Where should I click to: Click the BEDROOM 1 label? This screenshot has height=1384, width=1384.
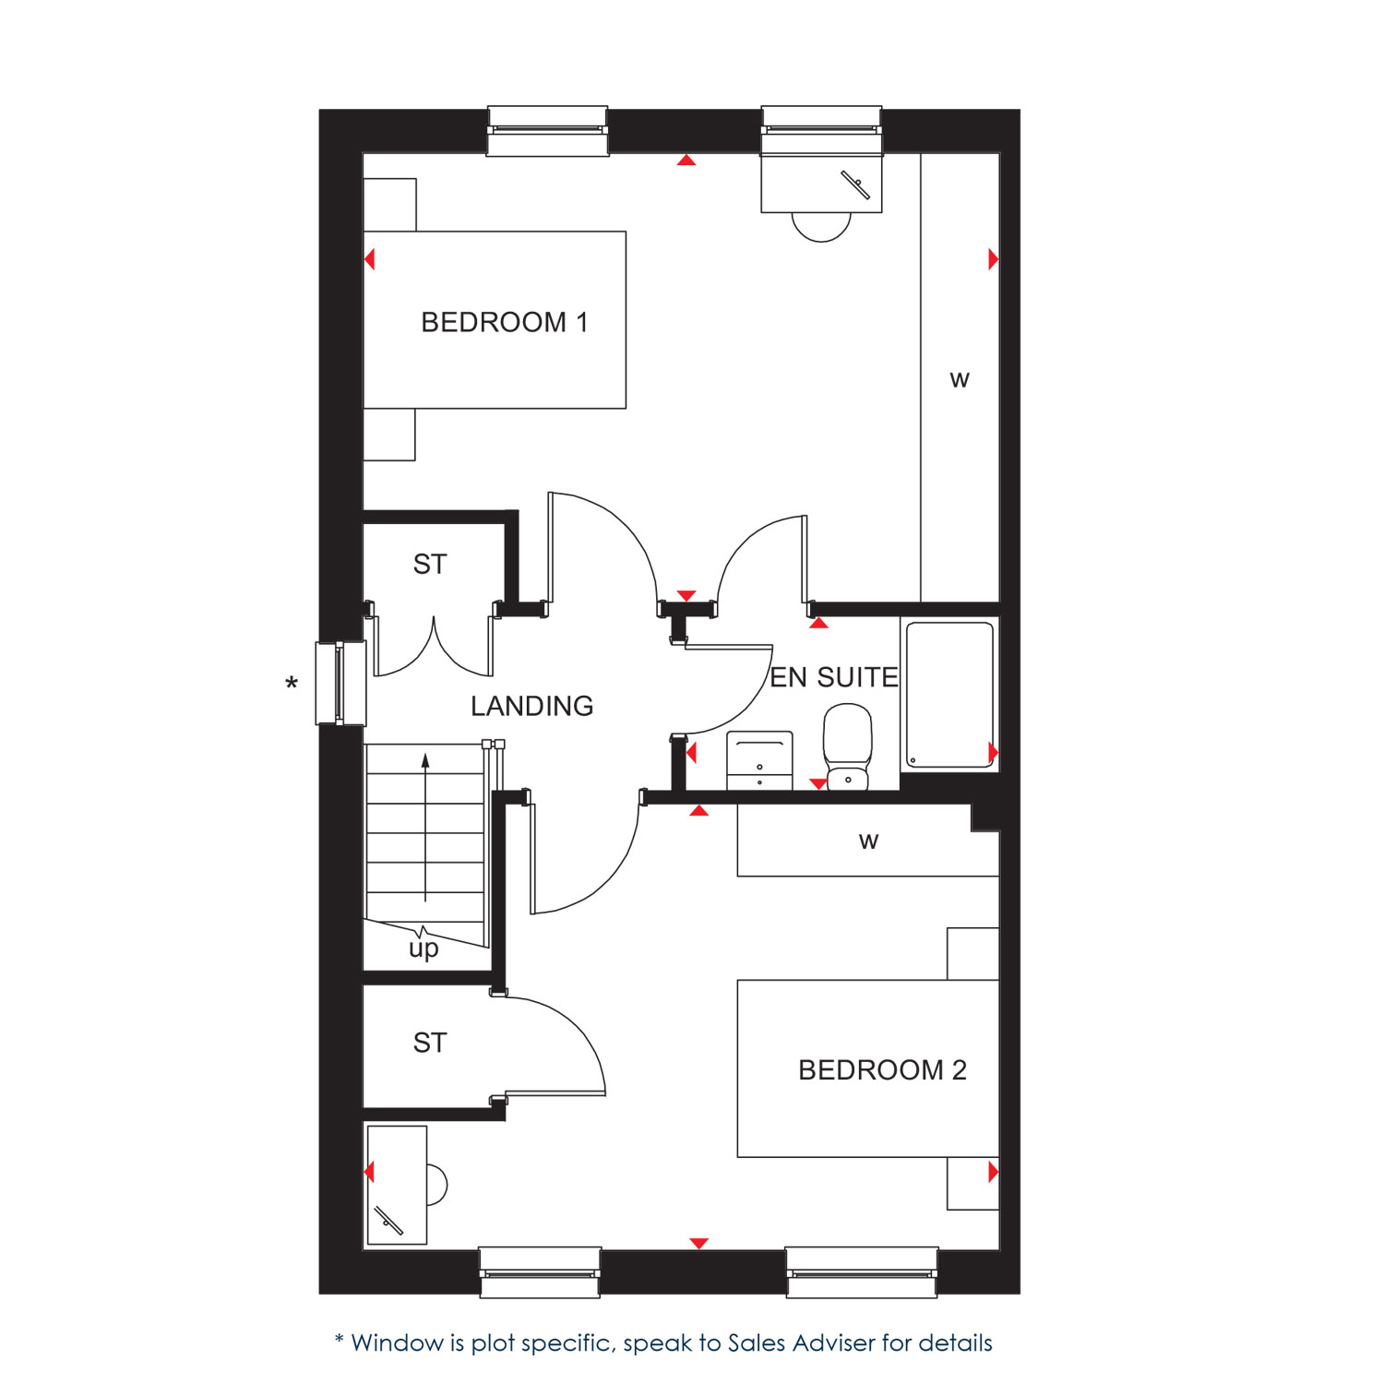click(504, 322)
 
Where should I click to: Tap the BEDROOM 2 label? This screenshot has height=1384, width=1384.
click(882, 1069)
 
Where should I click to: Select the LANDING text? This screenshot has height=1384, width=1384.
click(532, 706)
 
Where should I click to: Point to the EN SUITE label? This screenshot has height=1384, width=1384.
click(834, 677)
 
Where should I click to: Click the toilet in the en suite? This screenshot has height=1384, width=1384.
click(848, 747)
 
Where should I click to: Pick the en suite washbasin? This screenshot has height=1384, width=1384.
click(759, 760)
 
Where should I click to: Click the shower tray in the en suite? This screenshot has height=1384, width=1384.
click(949, 695)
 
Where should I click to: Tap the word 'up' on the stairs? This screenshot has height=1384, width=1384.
click(424, 949)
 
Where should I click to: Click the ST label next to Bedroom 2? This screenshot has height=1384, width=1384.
click(430, 1043)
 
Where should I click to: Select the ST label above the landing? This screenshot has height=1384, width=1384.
click(430, 564)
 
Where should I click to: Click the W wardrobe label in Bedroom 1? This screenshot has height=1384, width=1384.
click(960, 380)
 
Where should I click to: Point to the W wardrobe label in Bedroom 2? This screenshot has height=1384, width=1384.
click(868, 841)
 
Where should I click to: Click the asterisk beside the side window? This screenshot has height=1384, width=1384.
click(292, 684)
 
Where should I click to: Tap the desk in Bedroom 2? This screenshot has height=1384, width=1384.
click(397, 1185)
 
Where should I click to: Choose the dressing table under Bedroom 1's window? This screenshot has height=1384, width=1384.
click(821, 184)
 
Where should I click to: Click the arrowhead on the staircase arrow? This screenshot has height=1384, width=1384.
click(425, 760)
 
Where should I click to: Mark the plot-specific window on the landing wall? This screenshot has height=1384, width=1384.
click(340, 684)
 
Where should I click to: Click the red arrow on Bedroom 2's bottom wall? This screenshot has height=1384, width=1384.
click(699, 1244)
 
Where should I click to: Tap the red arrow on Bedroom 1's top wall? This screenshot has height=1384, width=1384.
click(686, 161)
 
